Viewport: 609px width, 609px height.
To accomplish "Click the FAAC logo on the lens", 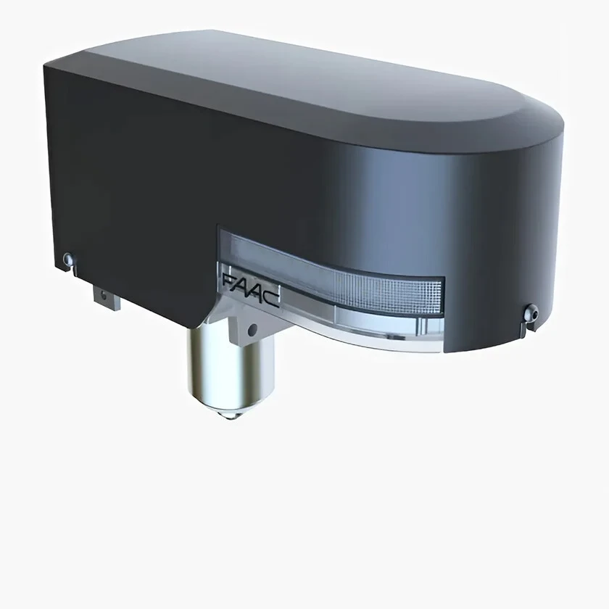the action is coord(251,289).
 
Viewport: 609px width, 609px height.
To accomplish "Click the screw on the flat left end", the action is coord(68,258).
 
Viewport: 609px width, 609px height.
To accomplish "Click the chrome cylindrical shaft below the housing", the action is coord(230,369).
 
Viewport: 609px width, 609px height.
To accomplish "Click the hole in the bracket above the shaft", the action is coord(252,330).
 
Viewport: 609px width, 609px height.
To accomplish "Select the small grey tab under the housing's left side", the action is coord(107,297).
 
